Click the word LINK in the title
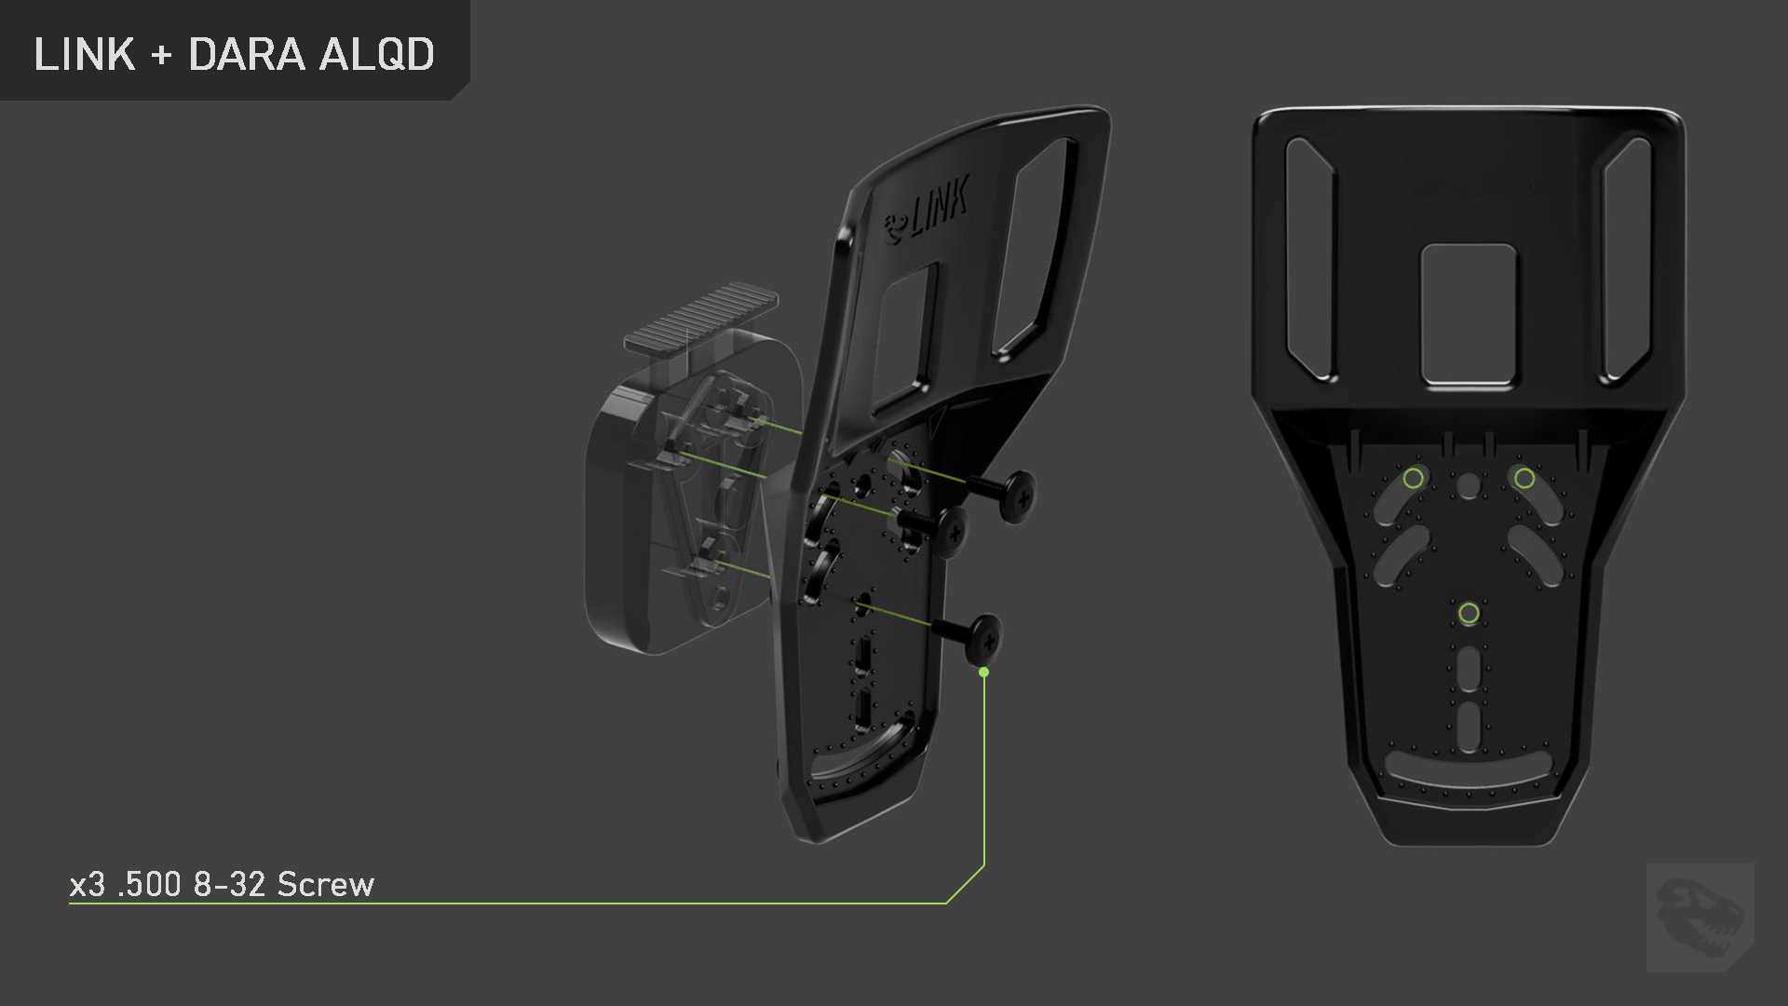coord(85,54)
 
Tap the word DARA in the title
coord(247,54)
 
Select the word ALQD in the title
coord(377,55)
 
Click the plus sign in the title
coord(162,55)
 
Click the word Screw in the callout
coord(326,884)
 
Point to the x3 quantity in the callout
coord(88,885)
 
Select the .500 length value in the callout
coord(150,884)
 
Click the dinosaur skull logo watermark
coord(1700,918)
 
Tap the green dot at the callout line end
coord(984,672)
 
